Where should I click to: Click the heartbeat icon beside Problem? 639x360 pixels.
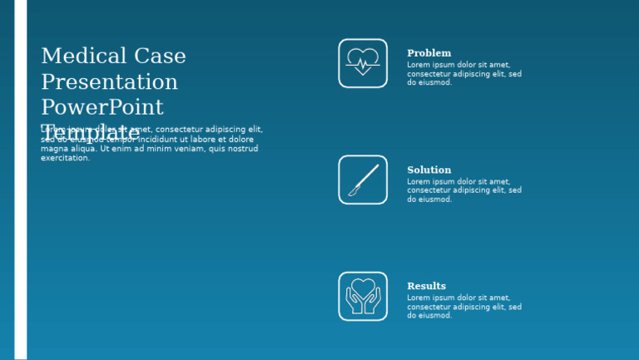tap(363, 62)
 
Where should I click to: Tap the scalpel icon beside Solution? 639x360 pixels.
tap(363, 180)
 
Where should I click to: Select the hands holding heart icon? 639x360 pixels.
tap(363, 296)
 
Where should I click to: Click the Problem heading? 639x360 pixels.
tap(428, 53)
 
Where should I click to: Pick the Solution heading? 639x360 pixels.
tap(428, 170)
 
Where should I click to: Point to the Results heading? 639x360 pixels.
tap(426, 286)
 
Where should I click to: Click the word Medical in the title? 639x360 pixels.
tap(82, 57)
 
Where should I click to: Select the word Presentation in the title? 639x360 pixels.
tap(109, 82)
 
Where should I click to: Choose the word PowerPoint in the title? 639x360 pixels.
tap(102, 108)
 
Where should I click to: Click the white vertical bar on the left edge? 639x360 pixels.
tap(20, 180)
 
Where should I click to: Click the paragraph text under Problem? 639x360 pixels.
tap(463, 73)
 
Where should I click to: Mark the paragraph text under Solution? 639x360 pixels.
tap(463, 190)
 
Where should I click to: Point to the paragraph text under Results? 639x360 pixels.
tap(463, 307)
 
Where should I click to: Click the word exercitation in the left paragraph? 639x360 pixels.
tap(65, 158)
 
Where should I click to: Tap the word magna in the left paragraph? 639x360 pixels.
tap(53, 149)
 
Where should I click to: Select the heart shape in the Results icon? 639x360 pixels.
tap(363, 288)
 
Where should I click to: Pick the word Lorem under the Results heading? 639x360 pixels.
tap(419, 298)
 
